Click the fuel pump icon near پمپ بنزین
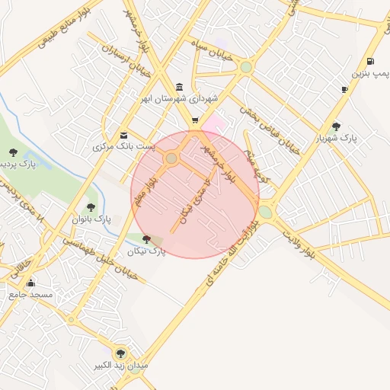click(x=370, y=62)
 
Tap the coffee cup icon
click(x=345, y=89)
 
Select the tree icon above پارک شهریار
click(x=336, y=126)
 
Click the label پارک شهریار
click(x=337, y=139)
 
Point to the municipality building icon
click(x=179, y=86)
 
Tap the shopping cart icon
click(x=195, y=120)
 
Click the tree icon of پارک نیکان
click(x=146, y=239)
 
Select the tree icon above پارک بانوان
click(x=91, y=206)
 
